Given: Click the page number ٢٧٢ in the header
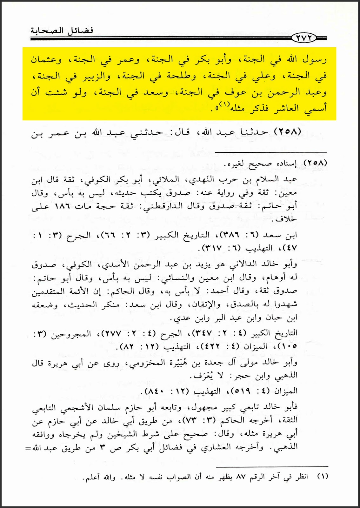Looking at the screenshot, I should pos(304,38).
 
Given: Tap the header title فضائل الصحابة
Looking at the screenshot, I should pos(62,31).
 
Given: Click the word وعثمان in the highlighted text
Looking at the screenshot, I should pos(46,60).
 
